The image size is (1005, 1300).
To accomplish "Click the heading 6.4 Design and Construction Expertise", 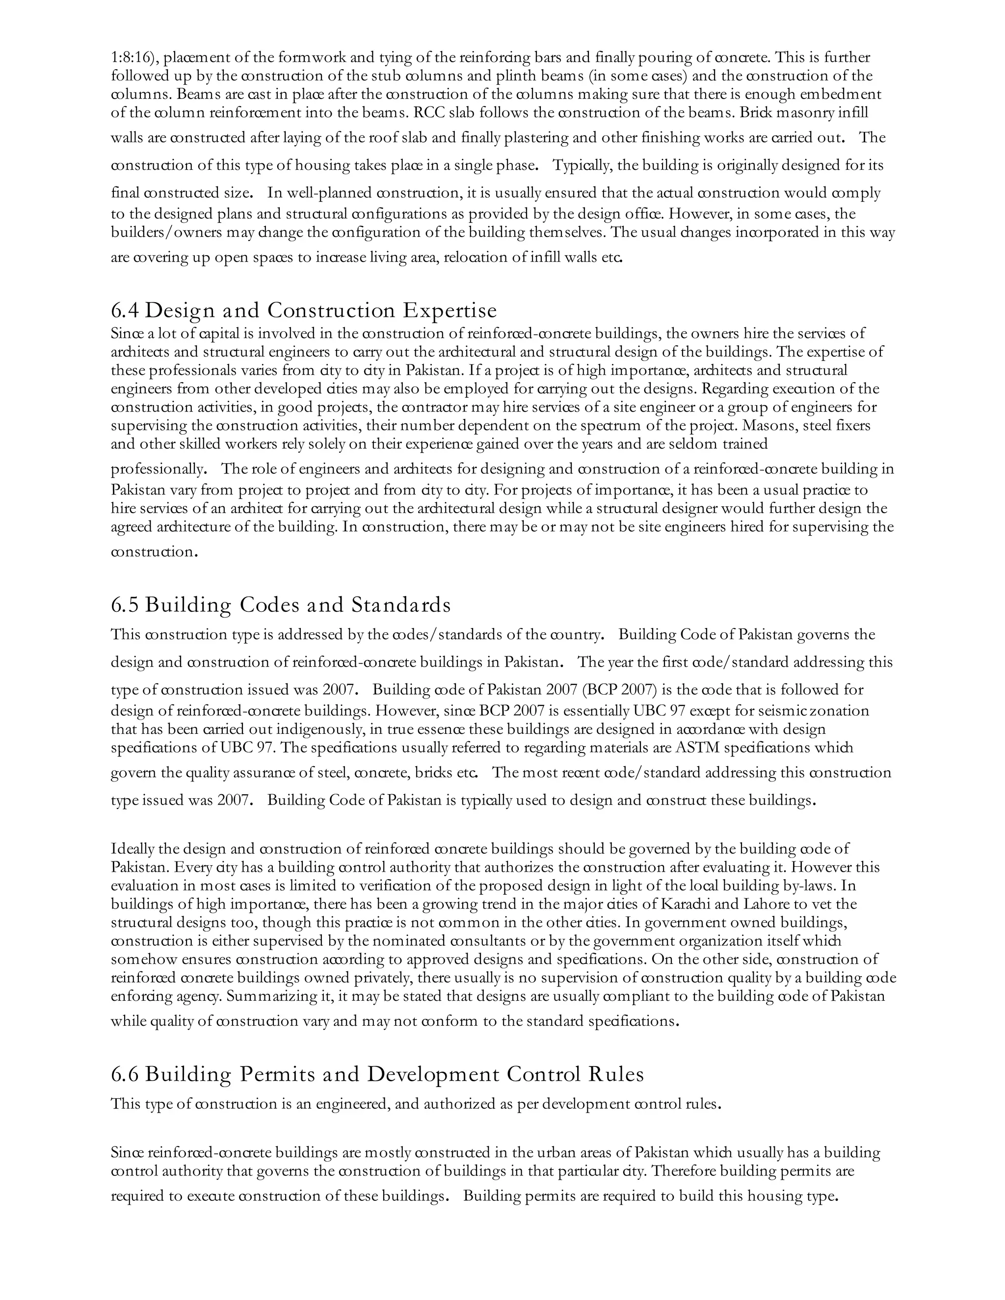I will click(x=304, y=311).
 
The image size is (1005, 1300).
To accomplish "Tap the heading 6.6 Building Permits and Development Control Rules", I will click(x=377, y=1074).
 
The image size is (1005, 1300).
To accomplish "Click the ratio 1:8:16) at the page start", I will click(x=134, y=58).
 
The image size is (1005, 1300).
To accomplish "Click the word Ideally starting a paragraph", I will click(x=132, y=849).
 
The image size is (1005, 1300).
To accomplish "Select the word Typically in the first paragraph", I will click(x=582, y=165).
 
